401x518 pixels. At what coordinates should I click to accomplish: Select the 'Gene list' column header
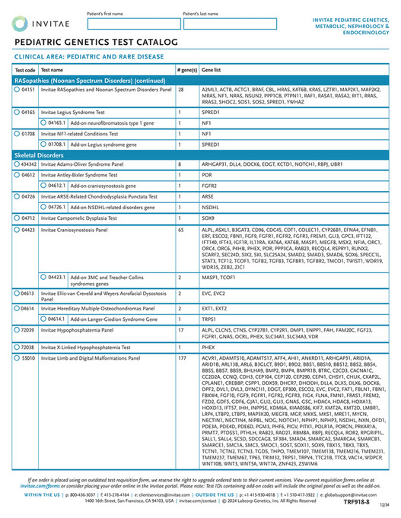point(212,69)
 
